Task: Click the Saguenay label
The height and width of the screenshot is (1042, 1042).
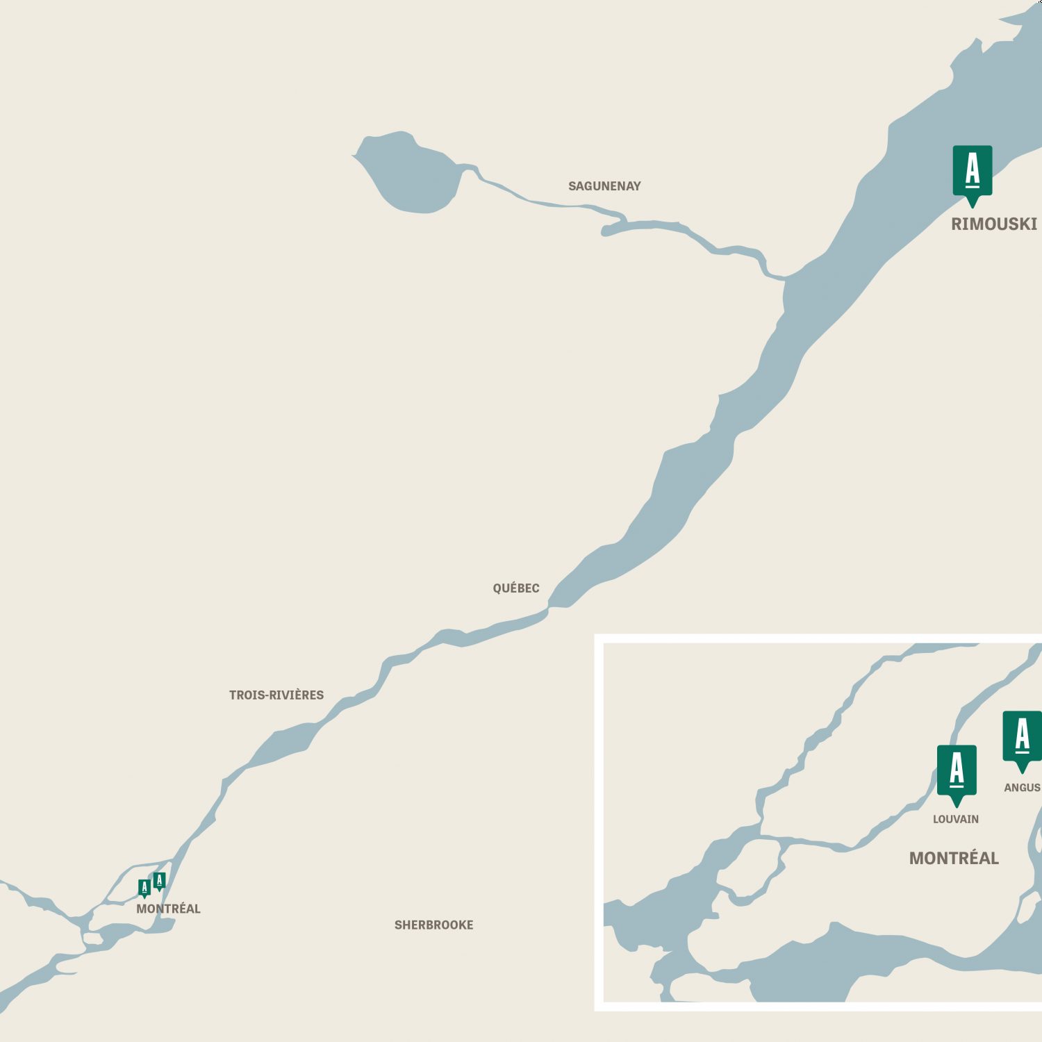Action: click(x=604, y=186)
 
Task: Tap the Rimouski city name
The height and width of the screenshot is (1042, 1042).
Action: click(x=993, y=224)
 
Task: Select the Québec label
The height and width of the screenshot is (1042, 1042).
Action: click(x=516, y=588)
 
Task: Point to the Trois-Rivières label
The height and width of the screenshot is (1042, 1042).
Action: click(x=276, y=695)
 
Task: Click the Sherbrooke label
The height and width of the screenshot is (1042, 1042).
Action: click(x=433, y=925)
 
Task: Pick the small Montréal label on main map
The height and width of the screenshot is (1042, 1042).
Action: click(x=168, y=909)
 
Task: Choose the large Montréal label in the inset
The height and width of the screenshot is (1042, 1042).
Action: click(x=954, y=858)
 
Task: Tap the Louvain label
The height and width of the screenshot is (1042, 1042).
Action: click(x=956, y=819)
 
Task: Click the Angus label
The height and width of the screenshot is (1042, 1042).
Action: click(x=1022, y=787)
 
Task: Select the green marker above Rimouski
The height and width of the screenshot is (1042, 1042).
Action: click(x=973, y=172)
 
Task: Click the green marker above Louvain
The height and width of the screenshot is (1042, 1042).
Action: click(x=957, y=772)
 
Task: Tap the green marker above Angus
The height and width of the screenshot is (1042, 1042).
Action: click(x=1022, y=738)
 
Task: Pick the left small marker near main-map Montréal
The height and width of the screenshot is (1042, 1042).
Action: click(x=144, y=888)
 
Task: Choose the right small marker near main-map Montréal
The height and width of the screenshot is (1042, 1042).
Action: click(x=159, y=881)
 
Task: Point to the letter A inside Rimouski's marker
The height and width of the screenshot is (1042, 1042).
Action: click(x=973, y=169)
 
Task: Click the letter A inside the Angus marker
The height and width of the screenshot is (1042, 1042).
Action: click(x=1023, y=735)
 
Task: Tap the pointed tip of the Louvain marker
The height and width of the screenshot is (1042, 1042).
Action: click(x=957, y=806)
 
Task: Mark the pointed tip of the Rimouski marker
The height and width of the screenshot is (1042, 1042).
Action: click(x=973, y=206)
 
